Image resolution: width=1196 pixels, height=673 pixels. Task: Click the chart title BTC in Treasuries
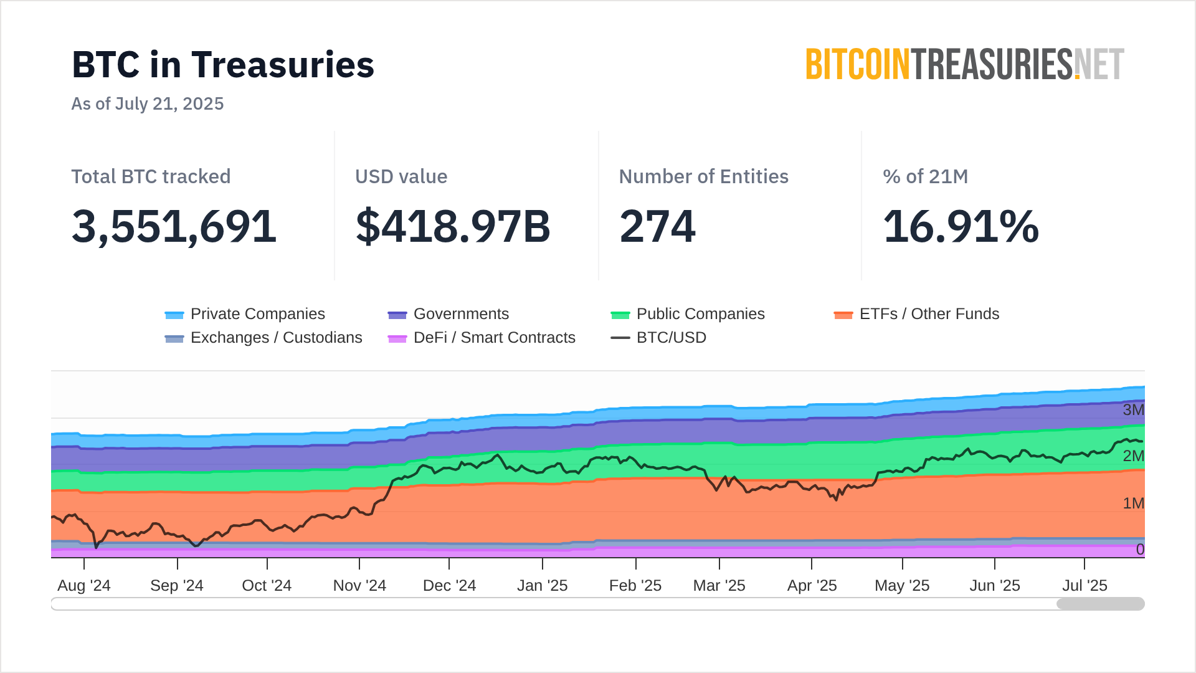click(x=223, y=65)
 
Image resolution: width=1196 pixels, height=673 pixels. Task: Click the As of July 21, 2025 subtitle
click(x=148, y=103)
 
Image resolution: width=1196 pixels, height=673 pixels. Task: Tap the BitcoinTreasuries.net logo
click(x=965, y=64)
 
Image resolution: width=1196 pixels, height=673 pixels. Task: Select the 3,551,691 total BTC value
click(x=174, y=226)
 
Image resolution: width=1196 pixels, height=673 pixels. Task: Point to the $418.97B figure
click(x=453, y=226)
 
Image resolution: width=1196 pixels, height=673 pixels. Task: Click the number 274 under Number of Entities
click(x=657, y=226)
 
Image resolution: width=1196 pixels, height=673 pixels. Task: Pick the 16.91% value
click(x=961, y=226)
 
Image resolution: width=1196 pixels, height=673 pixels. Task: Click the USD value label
click(x=401, y=176)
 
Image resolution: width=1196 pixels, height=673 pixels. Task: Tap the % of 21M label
click(x=925, y=176)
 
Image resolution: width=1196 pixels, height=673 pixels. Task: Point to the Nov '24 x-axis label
click(x=359, y=586)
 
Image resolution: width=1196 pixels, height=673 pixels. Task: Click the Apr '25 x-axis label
click(x=812, y=586)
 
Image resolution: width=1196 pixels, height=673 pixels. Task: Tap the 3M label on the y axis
click(x=1133, y=410)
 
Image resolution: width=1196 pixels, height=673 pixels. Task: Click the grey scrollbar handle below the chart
click(x=1100, y=604)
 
